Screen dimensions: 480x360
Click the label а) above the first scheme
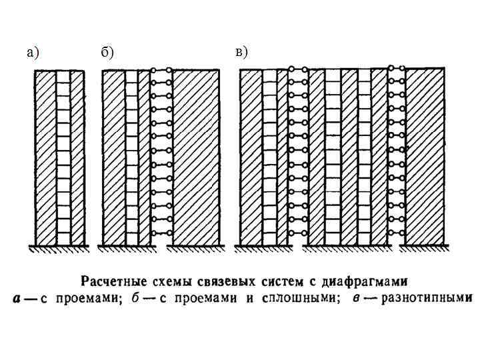tap(33, 53)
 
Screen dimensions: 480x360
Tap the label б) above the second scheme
tap(107, 53)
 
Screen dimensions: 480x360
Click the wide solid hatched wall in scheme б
tap(195, 157)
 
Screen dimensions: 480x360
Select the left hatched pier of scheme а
tap(45, 158)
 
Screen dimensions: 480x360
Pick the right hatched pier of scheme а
tap(77, 158)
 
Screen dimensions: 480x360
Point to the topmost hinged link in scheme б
tap(161, 71)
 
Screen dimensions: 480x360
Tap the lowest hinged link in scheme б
tap(161, 233)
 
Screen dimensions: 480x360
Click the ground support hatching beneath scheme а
tap(61, 249)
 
